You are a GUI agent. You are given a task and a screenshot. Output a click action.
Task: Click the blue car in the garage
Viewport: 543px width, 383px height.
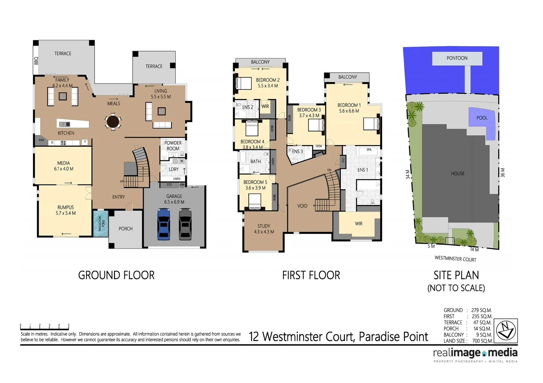(x=163, y=224)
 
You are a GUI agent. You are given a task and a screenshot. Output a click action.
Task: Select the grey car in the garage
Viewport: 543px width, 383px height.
(x=185, y=224)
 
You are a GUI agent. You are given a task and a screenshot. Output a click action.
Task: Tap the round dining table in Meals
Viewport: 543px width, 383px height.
(x=113, y=122)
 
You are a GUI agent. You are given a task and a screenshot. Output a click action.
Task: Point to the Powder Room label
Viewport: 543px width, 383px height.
(x=173, y=146)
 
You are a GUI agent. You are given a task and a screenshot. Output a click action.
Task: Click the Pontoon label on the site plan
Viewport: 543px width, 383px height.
(x=457, y=58)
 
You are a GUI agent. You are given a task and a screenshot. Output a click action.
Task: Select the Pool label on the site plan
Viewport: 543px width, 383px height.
(x=482, y=118)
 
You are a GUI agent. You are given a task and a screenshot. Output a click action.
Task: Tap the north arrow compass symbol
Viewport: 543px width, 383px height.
(x=506, y=331)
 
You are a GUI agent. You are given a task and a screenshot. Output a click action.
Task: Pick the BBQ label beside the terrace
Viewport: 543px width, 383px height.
(x=36, y=61)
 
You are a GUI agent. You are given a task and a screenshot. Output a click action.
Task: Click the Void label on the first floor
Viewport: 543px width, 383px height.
(x=302, y=206)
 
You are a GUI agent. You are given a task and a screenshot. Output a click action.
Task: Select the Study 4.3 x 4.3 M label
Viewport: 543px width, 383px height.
(x=264, y=229)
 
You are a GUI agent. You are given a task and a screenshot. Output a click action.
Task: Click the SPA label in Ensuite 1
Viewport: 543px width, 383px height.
(x=369, y=150)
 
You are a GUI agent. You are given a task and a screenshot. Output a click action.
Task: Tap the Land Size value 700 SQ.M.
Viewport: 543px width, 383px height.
(x=482, y=341)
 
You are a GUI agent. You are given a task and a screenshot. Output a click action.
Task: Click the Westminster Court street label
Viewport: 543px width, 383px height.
(x=455, y=259)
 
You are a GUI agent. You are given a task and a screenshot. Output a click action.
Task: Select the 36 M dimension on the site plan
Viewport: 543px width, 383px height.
(x=502, y=173)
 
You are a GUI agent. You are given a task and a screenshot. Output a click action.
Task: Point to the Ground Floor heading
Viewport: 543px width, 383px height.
(x=116, y=275)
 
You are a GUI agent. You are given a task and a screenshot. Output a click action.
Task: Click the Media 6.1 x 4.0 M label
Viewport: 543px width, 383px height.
(x=64, y=166)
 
